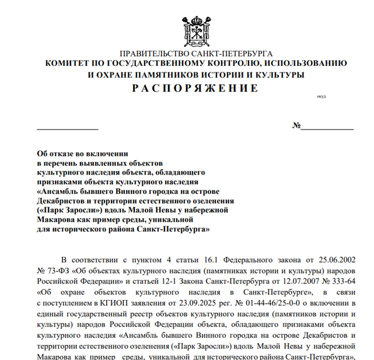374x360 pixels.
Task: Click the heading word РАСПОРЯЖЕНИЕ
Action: (x=194, y=89)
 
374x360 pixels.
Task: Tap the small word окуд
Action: (x=321, y=96)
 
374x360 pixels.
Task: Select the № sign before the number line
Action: (x=296, y=126)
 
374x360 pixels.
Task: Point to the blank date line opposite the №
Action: (x=68, y=127)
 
